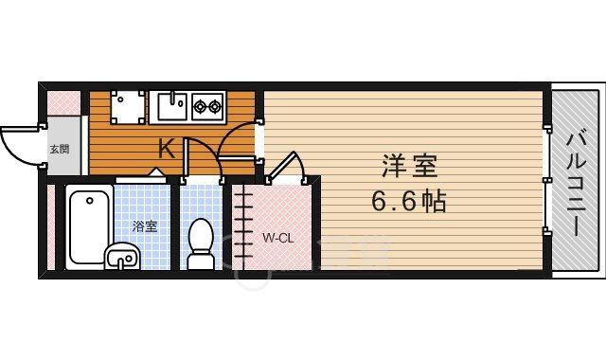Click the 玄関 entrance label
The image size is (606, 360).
pos(59,149)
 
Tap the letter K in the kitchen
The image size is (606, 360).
pos(165,149)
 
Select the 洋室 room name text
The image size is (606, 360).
pos(409,168)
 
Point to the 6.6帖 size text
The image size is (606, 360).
pos(408,201)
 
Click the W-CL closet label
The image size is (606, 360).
pos(277,237)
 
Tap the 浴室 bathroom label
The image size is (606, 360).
pos(144,226)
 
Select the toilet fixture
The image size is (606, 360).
pos(200,243)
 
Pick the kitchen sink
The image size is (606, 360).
pos(170,106)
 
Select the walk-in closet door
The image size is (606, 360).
pos(284,168)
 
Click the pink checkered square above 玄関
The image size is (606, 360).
pos(62,101)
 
